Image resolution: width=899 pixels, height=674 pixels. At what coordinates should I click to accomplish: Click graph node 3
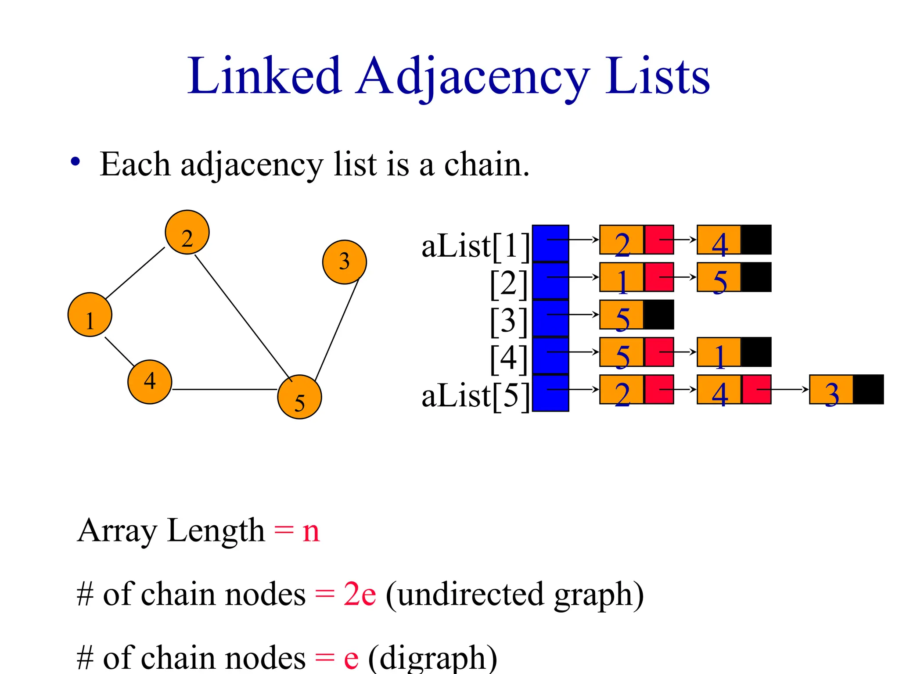344,262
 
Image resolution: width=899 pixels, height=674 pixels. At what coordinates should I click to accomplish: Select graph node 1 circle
90,315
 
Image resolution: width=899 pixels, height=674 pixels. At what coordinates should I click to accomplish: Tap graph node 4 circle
150,382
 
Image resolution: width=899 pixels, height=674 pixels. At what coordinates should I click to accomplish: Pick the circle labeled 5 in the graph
299,397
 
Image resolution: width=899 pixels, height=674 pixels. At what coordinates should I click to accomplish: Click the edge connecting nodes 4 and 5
225,389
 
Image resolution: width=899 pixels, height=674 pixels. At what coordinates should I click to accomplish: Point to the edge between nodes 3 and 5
337,329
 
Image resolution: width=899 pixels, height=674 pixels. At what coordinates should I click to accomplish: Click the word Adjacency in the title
472,77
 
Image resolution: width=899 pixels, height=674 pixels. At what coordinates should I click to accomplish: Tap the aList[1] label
475,246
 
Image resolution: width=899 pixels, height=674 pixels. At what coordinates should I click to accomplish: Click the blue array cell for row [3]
550,318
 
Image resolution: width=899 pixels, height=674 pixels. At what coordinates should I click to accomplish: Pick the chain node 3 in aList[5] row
831,390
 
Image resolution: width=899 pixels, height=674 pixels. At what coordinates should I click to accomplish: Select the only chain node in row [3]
622,315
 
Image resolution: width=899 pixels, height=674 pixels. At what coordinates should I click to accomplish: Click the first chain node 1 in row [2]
622,277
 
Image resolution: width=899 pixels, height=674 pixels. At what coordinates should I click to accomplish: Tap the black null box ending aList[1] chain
756,240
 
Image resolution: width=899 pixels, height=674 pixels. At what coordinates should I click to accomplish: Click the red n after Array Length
311,531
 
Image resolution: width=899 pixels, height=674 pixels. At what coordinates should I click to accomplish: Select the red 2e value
360,595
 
